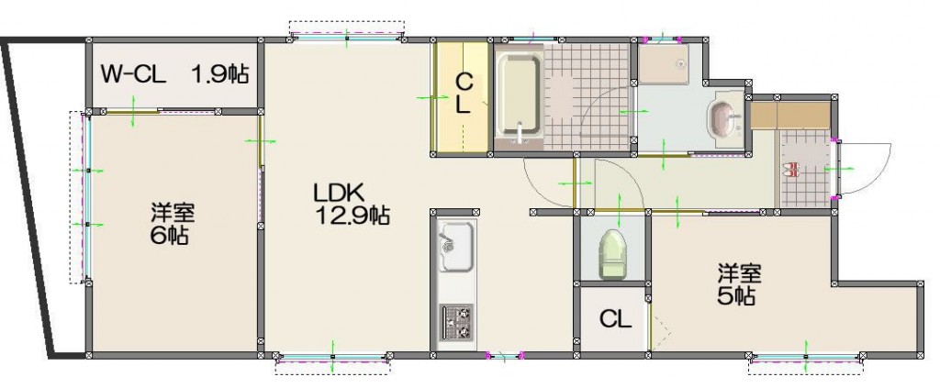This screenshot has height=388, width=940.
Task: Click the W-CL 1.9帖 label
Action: pyautogui.click(x=174, y=75)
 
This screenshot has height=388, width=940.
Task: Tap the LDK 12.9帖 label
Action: pyautogui.click(x=351, y=205)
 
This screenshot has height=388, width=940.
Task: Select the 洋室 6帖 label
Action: pyautogui.click(x=172, y=223)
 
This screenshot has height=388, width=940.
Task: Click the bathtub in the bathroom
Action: pyautogui.click(x=519, y=96)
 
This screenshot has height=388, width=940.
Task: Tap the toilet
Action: pyautogui.click(x=612, y=254)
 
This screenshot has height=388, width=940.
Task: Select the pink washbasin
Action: pyautogui.click(x=724, y=116)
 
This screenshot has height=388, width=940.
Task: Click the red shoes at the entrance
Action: pyautogui.click(x=790, y=170)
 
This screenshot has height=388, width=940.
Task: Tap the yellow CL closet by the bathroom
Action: pyautogui.click(x=463, y=96)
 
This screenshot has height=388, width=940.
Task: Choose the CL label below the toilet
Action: pyautogui.click(x=616, y=320)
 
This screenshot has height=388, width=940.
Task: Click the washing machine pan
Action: pyautogui.click(x=664, y=63)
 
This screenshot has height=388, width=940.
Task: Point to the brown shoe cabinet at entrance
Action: pyautogui.click(x=790, y=115)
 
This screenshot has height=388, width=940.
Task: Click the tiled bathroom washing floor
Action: pyautogui.click(x=588, y=96)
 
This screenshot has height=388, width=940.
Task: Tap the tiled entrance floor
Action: pyautogui.click(x=805, y=169)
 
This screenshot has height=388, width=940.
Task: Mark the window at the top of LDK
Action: pyautogui.click(x=347, y=37)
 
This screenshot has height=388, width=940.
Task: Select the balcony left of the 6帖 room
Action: pyautogui.click(x=36, y=197)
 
